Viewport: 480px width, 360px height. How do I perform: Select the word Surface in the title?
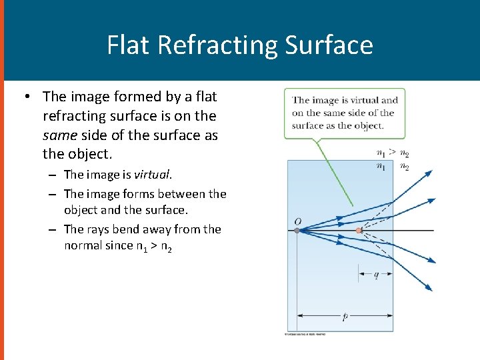click(x=329, y=45)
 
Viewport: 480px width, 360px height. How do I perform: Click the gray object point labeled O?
click(x=297, y=231)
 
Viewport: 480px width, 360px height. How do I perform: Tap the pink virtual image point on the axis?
click(x=359, y=231)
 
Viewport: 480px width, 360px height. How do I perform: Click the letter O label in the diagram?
click(x=297, y=221)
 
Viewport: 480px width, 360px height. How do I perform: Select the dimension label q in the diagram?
click(x=376, y=274)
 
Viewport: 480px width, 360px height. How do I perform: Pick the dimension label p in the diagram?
click(x=345, y=317)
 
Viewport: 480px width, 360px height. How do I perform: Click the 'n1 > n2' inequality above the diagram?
click(x=392, y=153)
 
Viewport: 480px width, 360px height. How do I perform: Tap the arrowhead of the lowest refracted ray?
click(x=429, y=288)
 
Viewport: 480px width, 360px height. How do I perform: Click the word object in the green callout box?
click(x=370, y=125)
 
